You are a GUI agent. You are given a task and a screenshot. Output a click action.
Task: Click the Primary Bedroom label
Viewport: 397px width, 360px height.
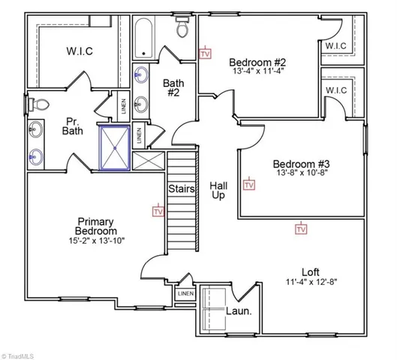95,226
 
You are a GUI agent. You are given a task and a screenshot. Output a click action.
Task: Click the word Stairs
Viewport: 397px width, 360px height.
182,189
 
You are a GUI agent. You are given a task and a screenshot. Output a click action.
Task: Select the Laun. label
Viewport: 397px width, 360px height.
239,310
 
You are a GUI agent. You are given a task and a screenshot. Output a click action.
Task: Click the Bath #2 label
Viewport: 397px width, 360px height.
173,88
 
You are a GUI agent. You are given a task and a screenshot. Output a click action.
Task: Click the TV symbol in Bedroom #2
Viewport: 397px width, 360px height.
205,53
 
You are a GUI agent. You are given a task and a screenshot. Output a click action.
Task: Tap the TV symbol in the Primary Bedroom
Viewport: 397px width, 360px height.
158,211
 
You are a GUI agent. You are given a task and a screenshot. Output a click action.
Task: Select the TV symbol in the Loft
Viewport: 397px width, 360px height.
301,228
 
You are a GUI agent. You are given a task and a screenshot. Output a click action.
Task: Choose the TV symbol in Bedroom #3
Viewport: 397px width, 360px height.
249,184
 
